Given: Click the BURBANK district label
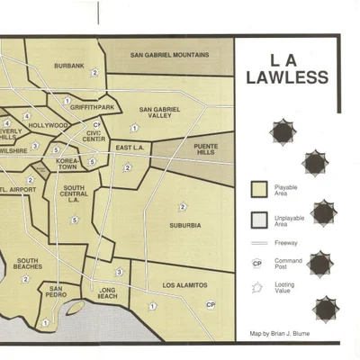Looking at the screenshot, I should [x=68, y=66].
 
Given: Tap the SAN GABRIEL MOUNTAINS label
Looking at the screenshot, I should [x=170, y=55].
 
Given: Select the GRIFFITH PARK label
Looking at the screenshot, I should [x=93, y=107].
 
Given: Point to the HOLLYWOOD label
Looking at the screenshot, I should [x=49, y=125].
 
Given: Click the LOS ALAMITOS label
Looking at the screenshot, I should [x=184, y=285].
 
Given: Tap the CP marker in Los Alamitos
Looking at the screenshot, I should [x=210, y=305].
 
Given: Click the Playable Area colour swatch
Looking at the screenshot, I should [x=258, y=190].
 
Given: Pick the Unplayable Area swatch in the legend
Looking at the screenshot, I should [x=258, y=219].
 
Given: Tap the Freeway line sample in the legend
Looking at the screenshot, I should [x=258, y=243].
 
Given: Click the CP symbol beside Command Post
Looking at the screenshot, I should [x=257, y=264].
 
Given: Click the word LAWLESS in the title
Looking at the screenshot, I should [x=287, y=77].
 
